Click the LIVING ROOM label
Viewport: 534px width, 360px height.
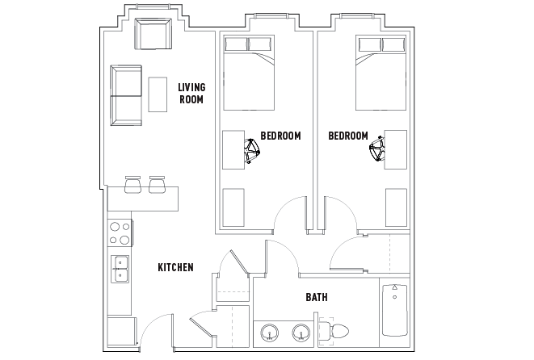(191, 93)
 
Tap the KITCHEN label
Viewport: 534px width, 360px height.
(174, 267)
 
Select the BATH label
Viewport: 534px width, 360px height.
(316, 297)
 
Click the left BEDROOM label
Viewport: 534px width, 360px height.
(280, 136)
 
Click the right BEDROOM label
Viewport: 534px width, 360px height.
(348, 136)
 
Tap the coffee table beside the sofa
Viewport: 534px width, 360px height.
(156, 95)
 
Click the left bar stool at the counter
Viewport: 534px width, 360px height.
(132, 185)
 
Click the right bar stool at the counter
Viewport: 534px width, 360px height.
(157, 185)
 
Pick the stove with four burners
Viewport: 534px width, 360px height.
(120, 233)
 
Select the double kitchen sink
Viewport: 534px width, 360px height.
(120, 270)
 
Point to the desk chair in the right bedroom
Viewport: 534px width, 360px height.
(377, 150)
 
